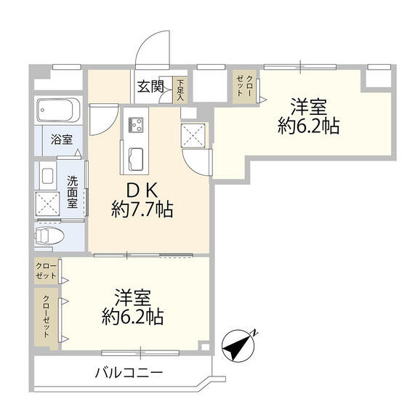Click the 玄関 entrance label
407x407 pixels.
(152, 89)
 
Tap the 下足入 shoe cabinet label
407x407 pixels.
(181, 89)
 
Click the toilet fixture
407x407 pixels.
(51, 235)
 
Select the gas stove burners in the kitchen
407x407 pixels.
(136, 125)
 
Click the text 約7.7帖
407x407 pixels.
(142, 211)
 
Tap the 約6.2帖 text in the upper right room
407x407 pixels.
(309, 126)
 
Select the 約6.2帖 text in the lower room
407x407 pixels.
(132, 316)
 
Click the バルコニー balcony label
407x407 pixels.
(129, 374)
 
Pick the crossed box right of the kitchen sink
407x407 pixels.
(194, 134)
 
